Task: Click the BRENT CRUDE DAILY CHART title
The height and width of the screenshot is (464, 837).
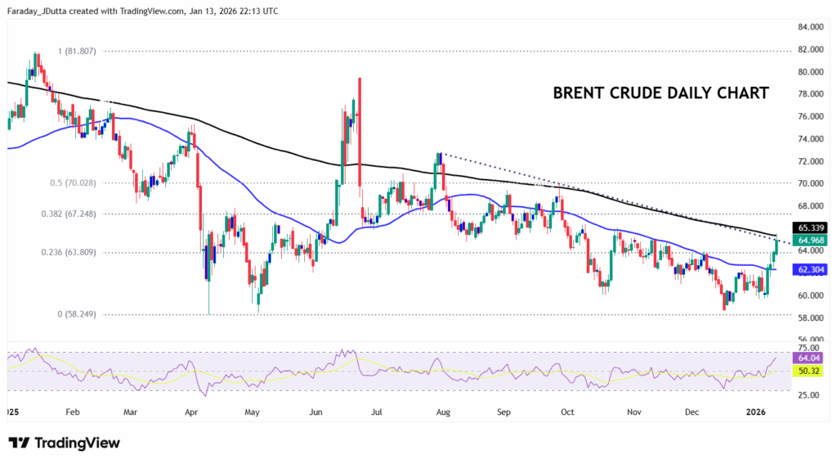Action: click(x=660, y=92)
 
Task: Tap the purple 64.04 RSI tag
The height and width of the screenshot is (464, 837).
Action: click(x=806, y=358)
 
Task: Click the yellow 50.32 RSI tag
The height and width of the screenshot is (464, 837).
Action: click(x=806, y=372)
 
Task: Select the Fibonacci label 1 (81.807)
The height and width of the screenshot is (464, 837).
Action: click(x=89, y=51)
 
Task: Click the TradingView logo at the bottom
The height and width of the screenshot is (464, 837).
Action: click(x=65, y=443)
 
